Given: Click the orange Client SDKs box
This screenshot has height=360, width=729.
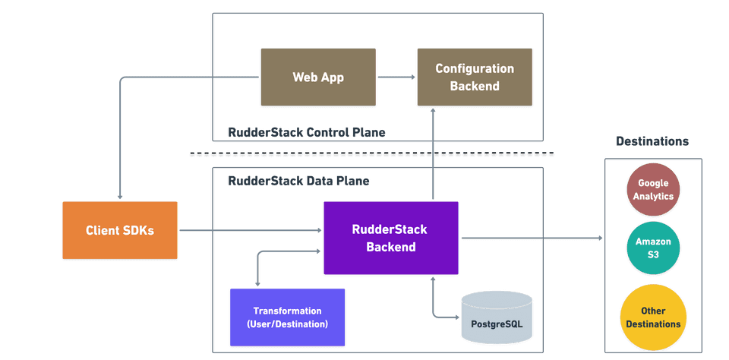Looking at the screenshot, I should [119, 230].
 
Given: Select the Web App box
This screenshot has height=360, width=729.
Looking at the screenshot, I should [318, 77].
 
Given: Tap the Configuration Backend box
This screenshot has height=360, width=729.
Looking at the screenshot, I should [474, 77].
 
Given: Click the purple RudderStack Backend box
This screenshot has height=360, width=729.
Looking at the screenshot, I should [390, 238].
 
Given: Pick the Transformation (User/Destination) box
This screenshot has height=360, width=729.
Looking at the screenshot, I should [287, 317].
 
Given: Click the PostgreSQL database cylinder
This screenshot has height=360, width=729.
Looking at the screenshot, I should [497, 319].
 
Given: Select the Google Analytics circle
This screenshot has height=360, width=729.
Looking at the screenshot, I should [654, 190].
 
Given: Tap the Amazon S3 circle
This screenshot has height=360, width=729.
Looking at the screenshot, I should [654, 247].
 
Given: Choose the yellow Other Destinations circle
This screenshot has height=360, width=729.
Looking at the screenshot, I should [653, 317].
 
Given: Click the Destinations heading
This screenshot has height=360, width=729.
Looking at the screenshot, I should [652, 141].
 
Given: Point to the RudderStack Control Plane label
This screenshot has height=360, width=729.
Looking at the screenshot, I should [306, 132].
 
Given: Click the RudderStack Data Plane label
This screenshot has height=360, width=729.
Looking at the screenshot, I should [298, 181].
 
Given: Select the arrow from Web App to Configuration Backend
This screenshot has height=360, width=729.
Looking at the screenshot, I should [396, 77].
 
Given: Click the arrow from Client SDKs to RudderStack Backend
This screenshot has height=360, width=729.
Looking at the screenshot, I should [250, 230].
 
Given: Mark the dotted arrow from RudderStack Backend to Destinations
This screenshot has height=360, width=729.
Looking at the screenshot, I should [532, 238].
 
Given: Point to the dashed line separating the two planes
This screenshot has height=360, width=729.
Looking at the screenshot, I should [371, 155].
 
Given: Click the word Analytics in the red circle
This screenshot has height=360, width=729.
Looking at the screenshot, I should [654, 196].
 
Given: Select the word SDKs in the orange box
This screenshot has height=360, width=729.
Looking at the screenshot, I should [140, 230].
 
